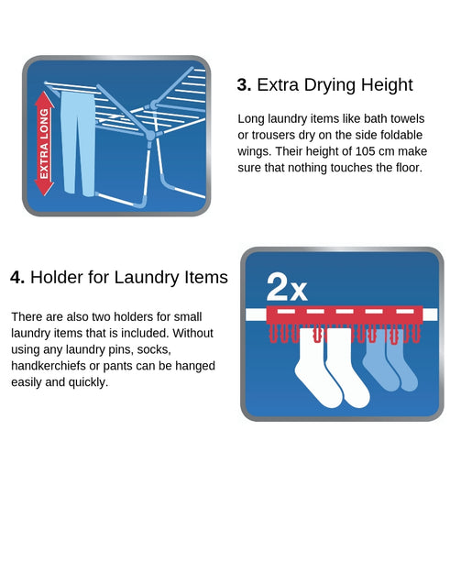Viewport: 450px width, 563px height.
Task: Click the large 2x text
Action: coord(286,288)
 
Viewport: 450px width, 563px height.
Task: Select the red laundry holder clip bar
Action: coord(344,315)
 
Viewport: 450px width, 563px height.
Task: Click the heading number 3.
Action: coord(243,85)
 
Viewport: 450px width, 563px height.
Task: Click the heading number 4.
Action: coord(16,277)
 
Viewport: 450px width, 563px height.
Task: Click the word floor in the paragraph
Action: coord(404,168)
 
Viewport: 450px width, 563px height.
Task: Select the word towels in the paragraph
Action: coord(406,118)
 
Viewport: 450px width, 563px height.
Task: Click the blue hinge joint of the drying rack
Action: coord(150,136)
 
